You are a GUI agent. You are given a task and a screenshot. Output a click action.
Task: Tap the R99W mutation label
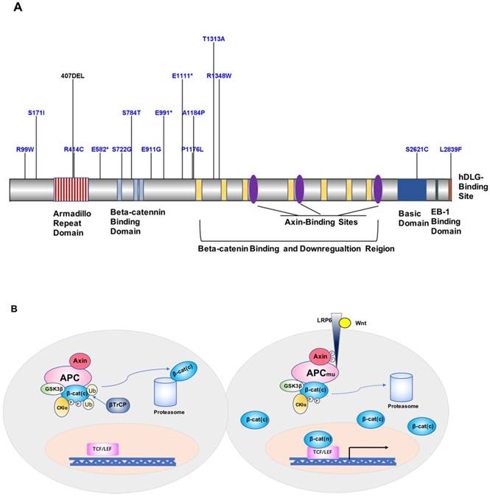pyautogui.click(x=25, y=150)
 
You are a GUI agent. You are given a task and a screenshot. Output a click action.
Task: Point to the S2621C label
pyautogui.click(x=417, y=150)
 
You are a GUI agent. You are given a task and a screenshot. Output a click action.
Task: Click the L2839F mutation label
pyautogui.click(x=451, y=150)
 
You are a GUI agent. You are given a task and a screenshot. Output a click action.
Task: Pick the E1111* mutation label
pyautogui.click(x=182, y=75)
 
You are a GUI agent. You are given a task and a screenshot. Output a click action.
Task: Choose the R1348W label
pyautogui.click(x=219, y=75)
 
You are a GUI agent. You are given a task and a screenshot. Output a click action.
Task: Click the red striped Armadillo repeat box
pyautogui.click(x=71, y=189)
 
